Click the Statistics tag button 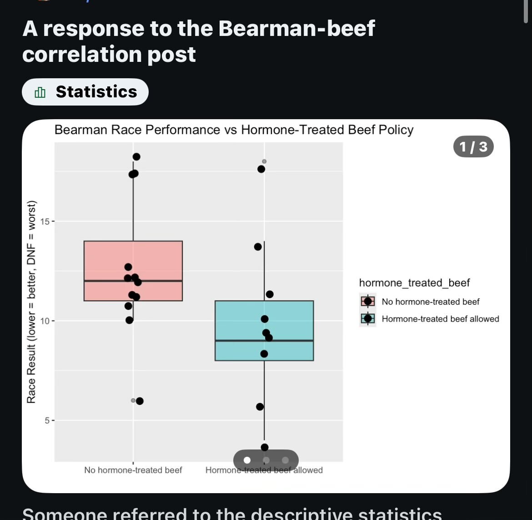85,92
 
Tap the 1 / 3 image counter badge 473,146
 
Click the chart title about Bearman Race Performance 234,130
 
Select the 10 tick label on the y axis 45,321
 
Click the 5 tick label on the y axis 47,420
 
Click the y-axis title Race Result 31,302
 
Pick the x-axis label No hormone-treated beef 133,470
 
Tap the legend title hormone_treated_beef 414,283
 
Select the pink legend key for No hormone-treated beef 368,301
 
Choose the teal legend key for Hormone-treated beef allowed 368,318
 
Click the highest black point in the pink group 136,157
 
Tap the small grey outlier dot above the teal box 264,162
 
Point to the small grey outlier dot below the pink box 133,400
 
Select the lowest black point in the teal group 265,447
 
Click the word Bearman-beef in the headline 296,29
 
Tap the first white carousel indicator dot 247,460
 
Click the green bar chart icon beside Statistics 40,92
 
